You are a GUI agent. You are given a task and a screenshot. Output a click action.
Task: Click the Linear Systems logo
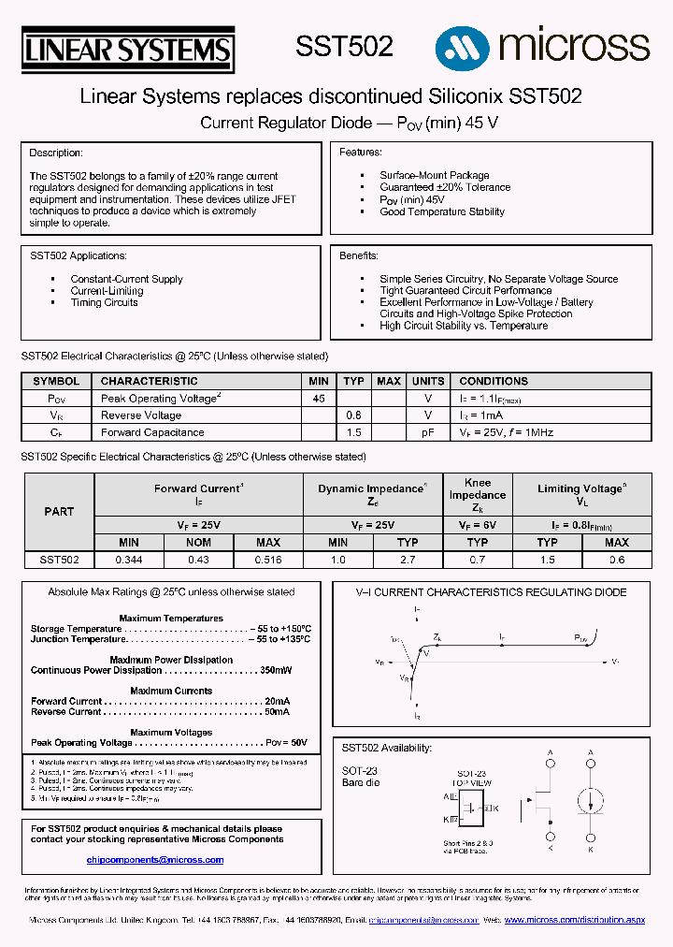coord(127,50)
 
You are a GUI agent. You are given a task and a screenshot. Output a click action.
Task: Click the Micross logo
coord(542,45)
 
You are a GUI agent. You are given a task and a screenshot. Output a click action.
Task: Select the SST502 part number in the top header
coord(344,47)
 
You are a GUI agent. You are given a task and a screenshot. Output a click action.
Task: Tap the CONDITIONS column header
coord(494,381)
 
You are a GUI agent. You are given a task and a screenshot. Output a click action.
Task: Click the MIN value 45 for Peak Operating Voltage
coord(319,399)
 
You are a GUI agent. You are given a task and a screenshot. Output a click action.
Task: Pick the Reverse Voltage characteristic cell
coord(141,415)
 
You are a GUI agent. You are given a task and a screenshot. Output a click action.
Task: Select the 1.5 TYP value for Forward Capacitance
coord(353,432)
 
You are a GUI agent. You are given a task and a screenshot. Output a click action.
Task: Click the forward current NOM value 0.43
coord(198,560)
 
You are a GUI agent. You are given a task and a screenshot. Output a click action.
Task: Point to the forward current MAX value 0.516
coord(268,560)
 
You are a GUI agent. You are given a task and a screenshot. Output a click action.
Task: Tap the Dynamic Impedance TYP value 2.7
coord(408,560)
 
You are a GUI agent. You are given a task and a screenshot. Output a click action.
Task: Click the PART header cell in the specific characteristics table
coord(59,512)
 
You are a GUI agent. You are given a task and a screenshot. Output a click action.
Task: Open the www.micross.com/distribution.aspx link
coord(575,921)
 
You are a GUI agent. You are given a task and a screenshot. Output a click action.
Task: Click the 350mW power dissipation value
coord(276,670)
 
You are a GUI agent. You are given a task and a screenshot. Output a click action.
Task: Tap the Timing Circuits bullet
coord(105,302)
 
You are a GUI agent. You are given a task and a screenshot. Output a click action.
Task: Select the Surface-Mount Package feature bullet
coord(434,175)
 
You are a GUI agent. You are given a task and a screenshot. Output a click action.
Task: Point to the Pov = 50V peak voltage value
coord(286,742)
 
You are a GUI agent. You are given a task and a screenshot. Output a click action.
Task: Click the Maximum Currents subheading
coord(171,691)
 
